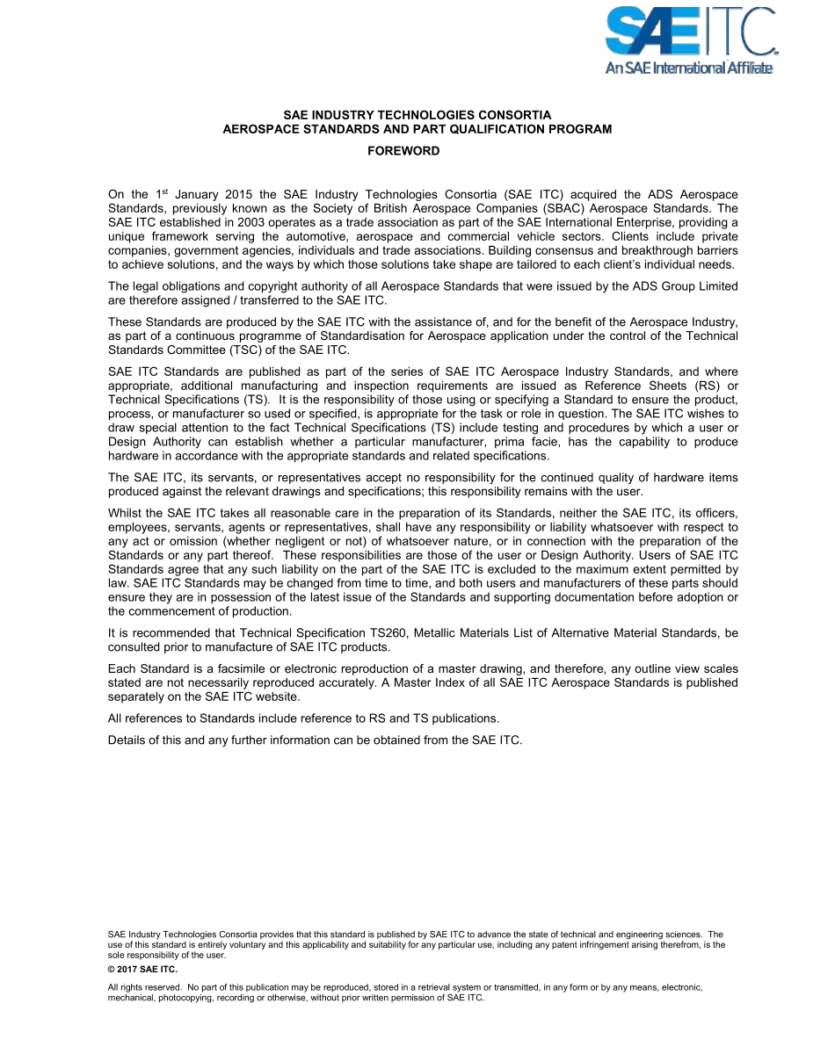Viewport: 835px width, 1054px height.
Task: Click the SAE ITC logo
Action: coord(690,32)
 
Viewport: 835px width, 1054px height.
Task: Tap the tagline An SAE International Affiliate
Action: coord(689,69)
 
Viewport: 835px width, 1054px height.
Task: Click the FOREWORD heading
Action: coord(403,151)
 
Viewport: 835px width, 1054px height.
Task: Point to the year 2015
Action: coord(239,194)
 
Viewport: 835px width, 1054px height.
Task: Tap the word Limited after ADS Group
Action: coord(715,286)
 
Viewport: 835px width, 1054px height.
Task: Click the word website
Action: coord(277,697)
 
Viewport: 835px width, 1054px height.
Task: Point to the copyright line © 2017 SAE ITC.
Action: coord(142,970)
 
